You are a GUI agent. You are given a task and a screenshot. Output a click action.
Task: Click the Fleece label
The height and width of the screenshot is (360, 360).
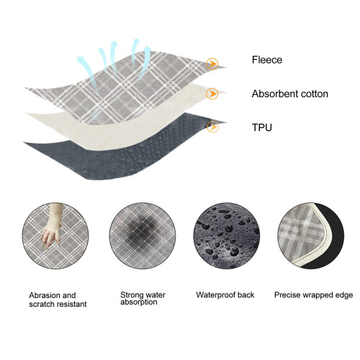pos(267,60)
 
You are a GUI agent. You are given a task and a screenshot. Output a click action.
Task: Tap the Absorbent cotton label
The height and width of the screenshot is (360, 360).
pos(290,94)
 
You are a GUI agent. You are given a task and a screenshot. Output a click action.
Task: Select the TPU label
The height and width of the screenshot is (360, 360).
pos(262,127)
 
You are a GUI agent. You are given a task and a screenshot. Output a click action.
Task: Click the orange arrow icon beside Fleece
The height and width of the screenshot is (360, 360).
pos(212,64)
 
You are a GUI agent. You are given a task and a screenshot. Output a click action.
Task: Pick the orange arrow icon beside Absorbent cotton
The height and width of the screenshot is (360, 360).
pos(212,94)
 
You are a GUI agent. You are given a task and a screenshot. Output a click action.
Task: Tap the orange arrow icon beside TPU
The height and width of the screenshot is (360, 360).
pos(212,127)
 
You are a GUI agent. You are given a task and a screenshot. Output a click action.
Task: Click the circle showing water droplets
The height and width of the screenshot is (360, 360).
pos(227,235)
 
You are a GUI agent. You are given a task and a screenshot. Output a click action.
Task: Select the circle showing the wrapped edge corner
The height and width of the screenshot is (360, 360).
pos(311,235)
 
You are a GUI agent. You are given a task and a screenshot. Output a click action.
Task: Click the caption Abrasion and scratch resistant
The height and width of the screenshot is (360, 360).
pos(58,300)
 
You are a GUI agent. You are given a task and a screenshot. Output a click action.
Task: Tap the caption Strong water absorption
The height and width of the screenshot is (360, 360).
pos(143,298)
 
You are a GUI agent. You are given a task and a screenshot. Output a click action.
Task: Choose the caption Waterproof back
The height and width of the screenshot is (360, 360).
pos(225,294)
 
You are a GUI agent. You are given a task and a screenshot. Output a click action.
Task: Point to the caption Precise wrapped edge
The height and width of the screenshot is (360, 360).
pos(313,295)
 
